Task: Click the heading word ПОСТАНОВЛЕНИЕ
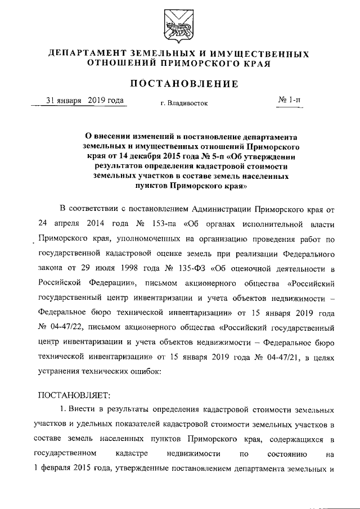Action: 180,84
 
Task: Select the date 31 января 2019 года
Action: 85,101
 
